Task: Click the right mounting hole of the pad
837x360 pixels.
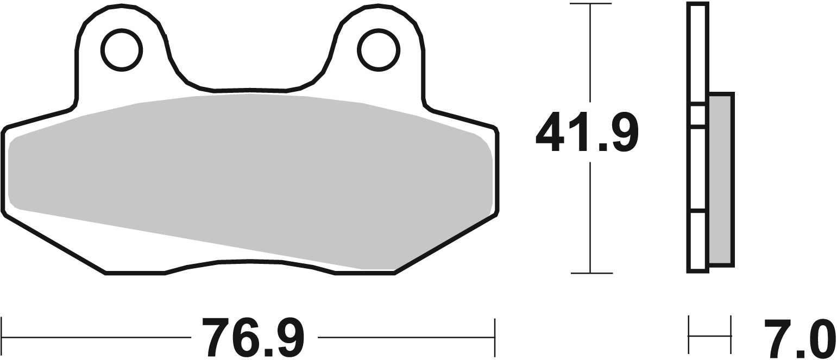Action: (x=378, y=50)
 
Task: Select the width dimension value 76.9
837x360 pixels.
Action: (x=253, y=337)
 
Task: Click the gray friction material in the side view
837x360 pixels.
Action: (x=721, y=179)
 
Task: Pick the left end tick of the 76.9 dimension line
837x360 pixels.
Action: (x=2, y=337)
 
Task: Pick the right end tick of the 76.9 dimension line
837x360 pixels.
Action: (x=494, y=337)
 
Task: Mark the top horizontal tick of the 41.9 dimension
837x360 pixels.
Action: (x=590, y=4)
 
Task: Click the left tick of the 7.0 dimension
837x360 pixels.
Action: (x=689, y=336)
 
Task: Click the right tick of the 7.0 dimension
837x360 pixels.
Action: (x=731, y=336)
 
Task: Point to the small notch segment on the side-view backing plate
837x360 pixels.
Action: (x=697, y=115)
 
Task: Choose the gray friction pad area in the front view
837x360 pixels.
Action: (x=250, y=179)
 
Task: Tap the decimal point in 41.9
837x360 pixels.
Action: (x=602, y=147)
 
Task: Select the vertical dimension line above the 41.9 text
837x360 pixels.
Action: (x=590, y=54)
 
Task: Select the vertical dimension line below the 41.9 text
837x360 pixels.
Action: (x=590, y=217)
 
